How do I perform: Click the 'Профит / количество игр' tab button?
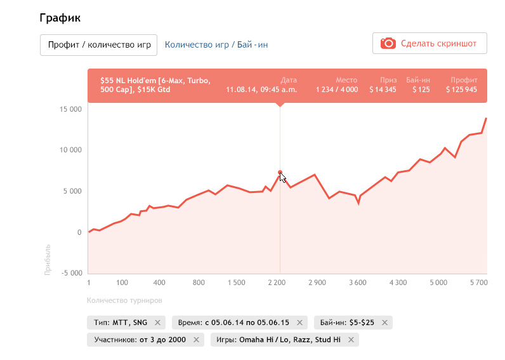pyautogui.click(x=98, y=45)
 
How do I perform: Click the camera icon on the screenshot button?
pyautogui.click(x=388, y=43)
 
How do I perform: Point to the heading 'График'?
pyautogui.click(x=60, y=18)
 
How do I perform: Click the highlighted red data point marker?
pyautogui.click(x=280, y=172)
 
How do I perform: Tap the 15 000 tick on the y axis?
pyautogui.click(x=69, y=109)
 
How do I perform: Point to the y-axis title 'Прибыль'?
pyautogui.click(x=48, y=258)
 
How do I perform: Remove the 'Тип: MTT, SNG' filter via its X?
pyautogui.click(x=157, y=323)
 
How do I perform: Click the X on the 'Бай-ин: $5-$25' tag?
pyautogui.click(x=384, y=323)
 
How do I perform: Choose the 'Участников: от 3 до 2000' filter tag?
pyautogui.click(x=140, y=340)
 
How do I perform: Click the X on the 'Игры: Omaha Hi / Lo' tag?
pyautogui.click(x=351, y=340)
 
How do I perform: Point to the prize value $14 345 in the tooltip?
pyautogui.click(x=383, y=90)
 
